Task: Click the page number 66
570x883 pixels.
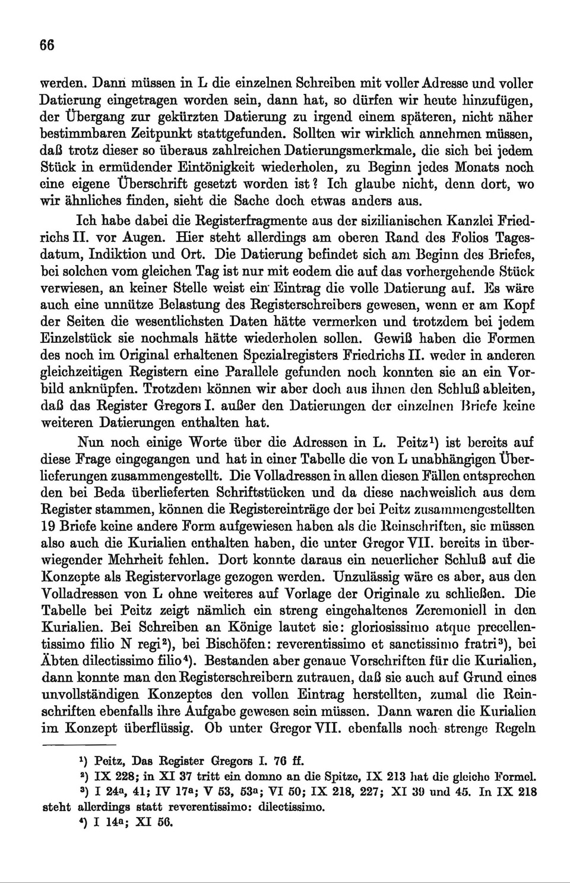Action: click(x=47, y=45)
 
